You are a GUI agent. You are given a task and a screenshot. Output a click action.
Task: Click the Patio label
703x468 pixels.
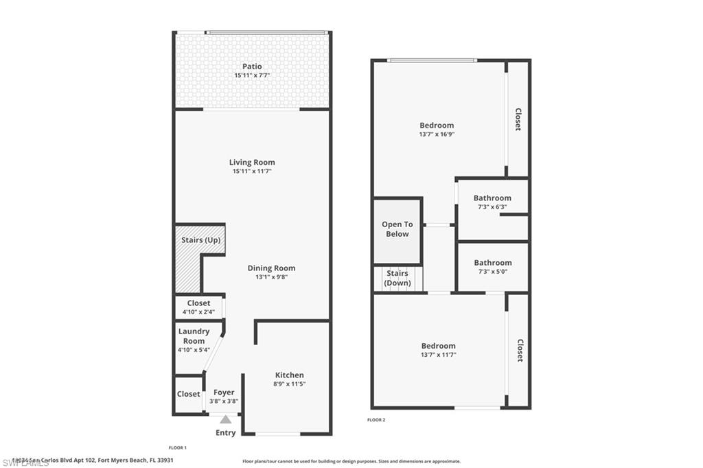[x=252, y=67]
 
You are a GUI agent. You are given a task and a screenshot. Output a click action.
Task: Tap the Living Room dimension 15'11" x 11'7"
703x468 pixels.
[x=252, y=171]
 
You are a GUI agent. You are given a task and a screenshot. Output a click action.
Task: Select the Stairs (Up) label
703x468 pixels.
[x=201, y=240]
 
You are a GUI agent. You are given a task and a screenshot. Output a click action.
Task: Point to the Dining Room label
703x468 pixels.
[x=271, y=268]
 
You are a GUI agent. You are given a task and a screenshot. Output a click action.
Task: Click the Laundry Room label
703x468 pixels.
[x=194, y=336]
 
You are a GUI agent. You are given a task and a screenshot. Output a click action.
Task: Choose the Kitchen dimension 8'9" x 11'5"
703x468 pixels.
[x=289, y=384]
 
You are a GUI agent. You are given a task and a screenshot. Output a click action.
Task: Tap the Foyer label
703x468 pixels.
[x=224, y=393]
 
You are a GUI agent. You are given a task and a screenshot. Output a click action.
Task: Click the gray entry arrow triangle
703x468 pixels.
[x=225, y=419]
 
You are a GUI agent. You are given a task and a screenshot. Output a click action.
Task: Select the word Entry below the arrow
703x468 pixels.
[x=225, y=432]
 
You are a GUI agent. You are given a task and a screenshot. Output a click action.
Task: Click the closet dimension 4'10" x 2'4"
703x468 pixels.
[x=198, y=312]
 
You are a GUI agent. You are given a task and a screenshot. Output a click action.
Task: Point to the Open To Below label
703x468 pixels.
[x=397, y=229]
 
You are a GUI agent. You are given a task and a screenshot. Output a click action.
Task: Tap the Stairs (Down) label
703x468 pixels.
[x=397, y=279]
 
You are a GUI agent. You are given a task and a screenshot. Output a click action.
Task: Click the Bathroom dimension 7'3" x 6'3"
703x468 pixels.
[x=492, y=207]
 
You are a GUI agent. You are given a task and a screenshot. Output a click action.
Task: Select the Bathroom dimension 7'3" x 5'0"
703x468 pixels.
[x=492, y=271]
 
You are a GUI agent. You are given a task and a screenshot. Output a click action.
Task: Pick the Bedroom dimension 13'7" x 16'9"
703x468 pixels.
[x=437, y=134]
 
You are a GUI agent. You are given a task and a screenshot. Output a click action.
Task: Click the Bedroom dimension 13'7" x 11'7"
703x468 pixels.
[x=438, y=355]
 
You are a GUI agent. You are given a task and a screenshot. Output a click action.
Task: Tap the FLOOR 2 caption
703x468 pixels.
[x=376, y=419]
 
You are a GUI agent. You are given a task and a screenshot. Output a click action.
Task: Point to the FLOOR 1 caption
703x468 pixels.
[x=178, y=447]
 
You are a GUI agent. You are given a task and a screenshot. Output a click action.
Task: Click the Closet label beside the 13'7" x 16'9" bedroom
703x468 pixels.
[x=518, y=118]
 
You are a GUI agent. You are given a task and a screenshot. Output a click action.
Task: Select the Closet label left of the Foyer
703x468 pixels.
[x=188, y=394]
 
